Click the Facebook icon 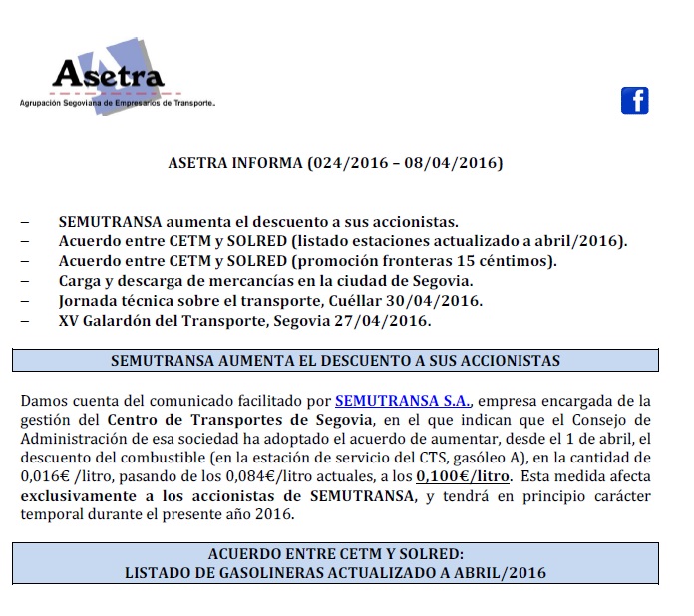[x=635, y=100]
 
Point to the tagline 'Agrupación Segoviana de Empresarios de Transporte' [x=118, y=103]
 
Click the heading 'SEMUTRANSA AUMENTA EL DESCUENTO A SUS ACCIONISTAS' [x=335, y=360]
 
